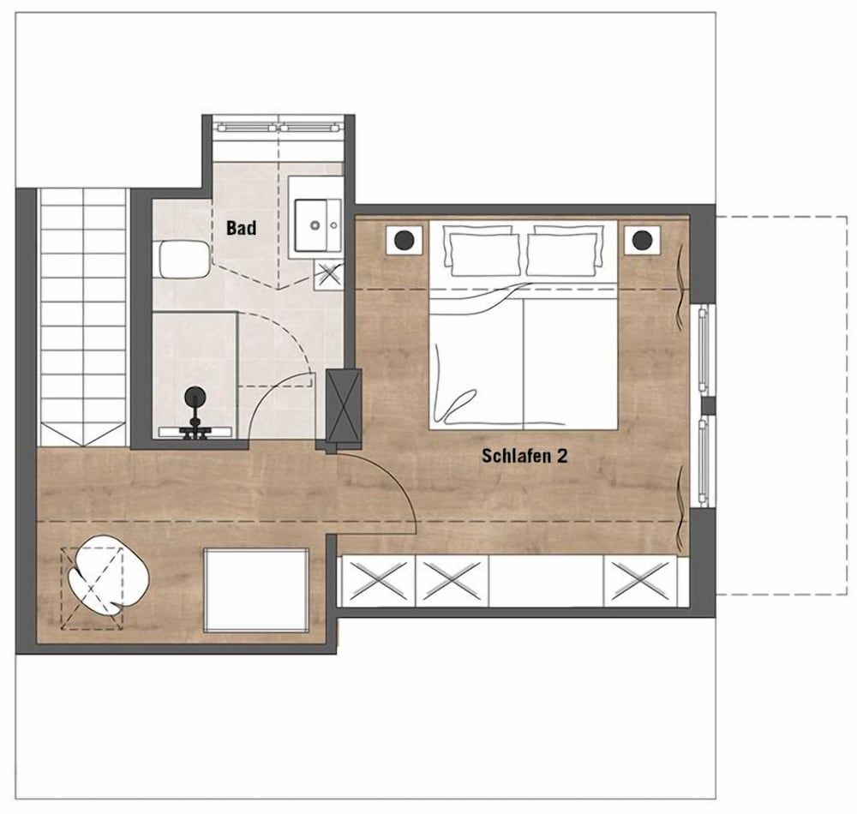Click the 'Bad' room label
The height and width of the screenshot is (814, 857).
coord(241,228)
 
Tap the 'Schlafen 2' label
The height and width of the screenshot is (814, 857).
coord(524,456)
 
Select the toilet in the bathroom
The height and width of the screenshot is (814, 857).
coord(182,260)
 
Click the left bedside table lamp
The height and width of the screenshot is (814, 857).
coord(405,239)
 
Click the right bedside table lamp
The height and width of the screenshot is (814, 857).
coord(642,239)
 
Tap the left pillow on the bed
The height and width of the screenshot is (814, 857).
coord(482,251)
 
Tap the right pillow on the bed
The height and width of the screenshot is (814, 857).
coord(565,251)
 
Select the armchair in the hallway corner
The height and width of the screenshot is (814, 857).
coord(109,576)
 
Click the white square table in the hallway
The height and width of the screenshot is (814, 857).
coord(256,591)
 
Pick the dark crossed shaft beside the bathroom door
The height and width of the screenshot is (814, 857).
coord(344,405)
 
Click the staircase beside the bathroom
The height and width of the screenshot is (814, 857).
coord(84,317)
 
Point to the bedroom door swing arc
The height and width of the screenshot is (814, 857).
coord(399,481)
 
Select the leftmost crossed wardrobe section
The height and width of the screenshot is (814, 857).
coord(378,581)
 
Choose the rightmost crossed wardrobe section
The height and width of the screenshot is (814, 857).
coord(640,581)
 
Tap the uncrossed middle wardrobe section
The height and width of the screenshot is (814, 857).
coord(546,581)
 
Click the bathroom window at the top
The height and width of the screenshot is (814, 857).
coord(279,129)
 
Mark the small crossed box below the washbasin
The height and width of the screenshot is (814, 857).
coord(328,274)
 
